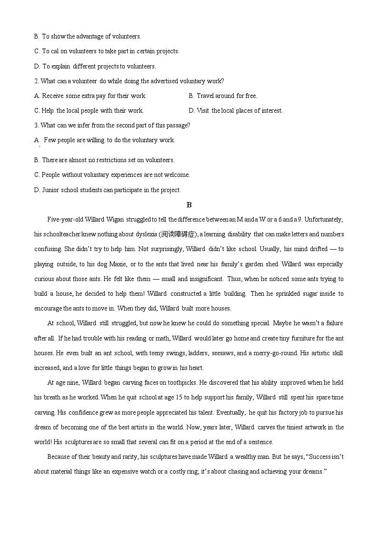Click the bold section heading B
[189, 205]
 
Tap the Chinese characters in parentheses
[178, 234]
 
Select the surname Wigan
[115, 219]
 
